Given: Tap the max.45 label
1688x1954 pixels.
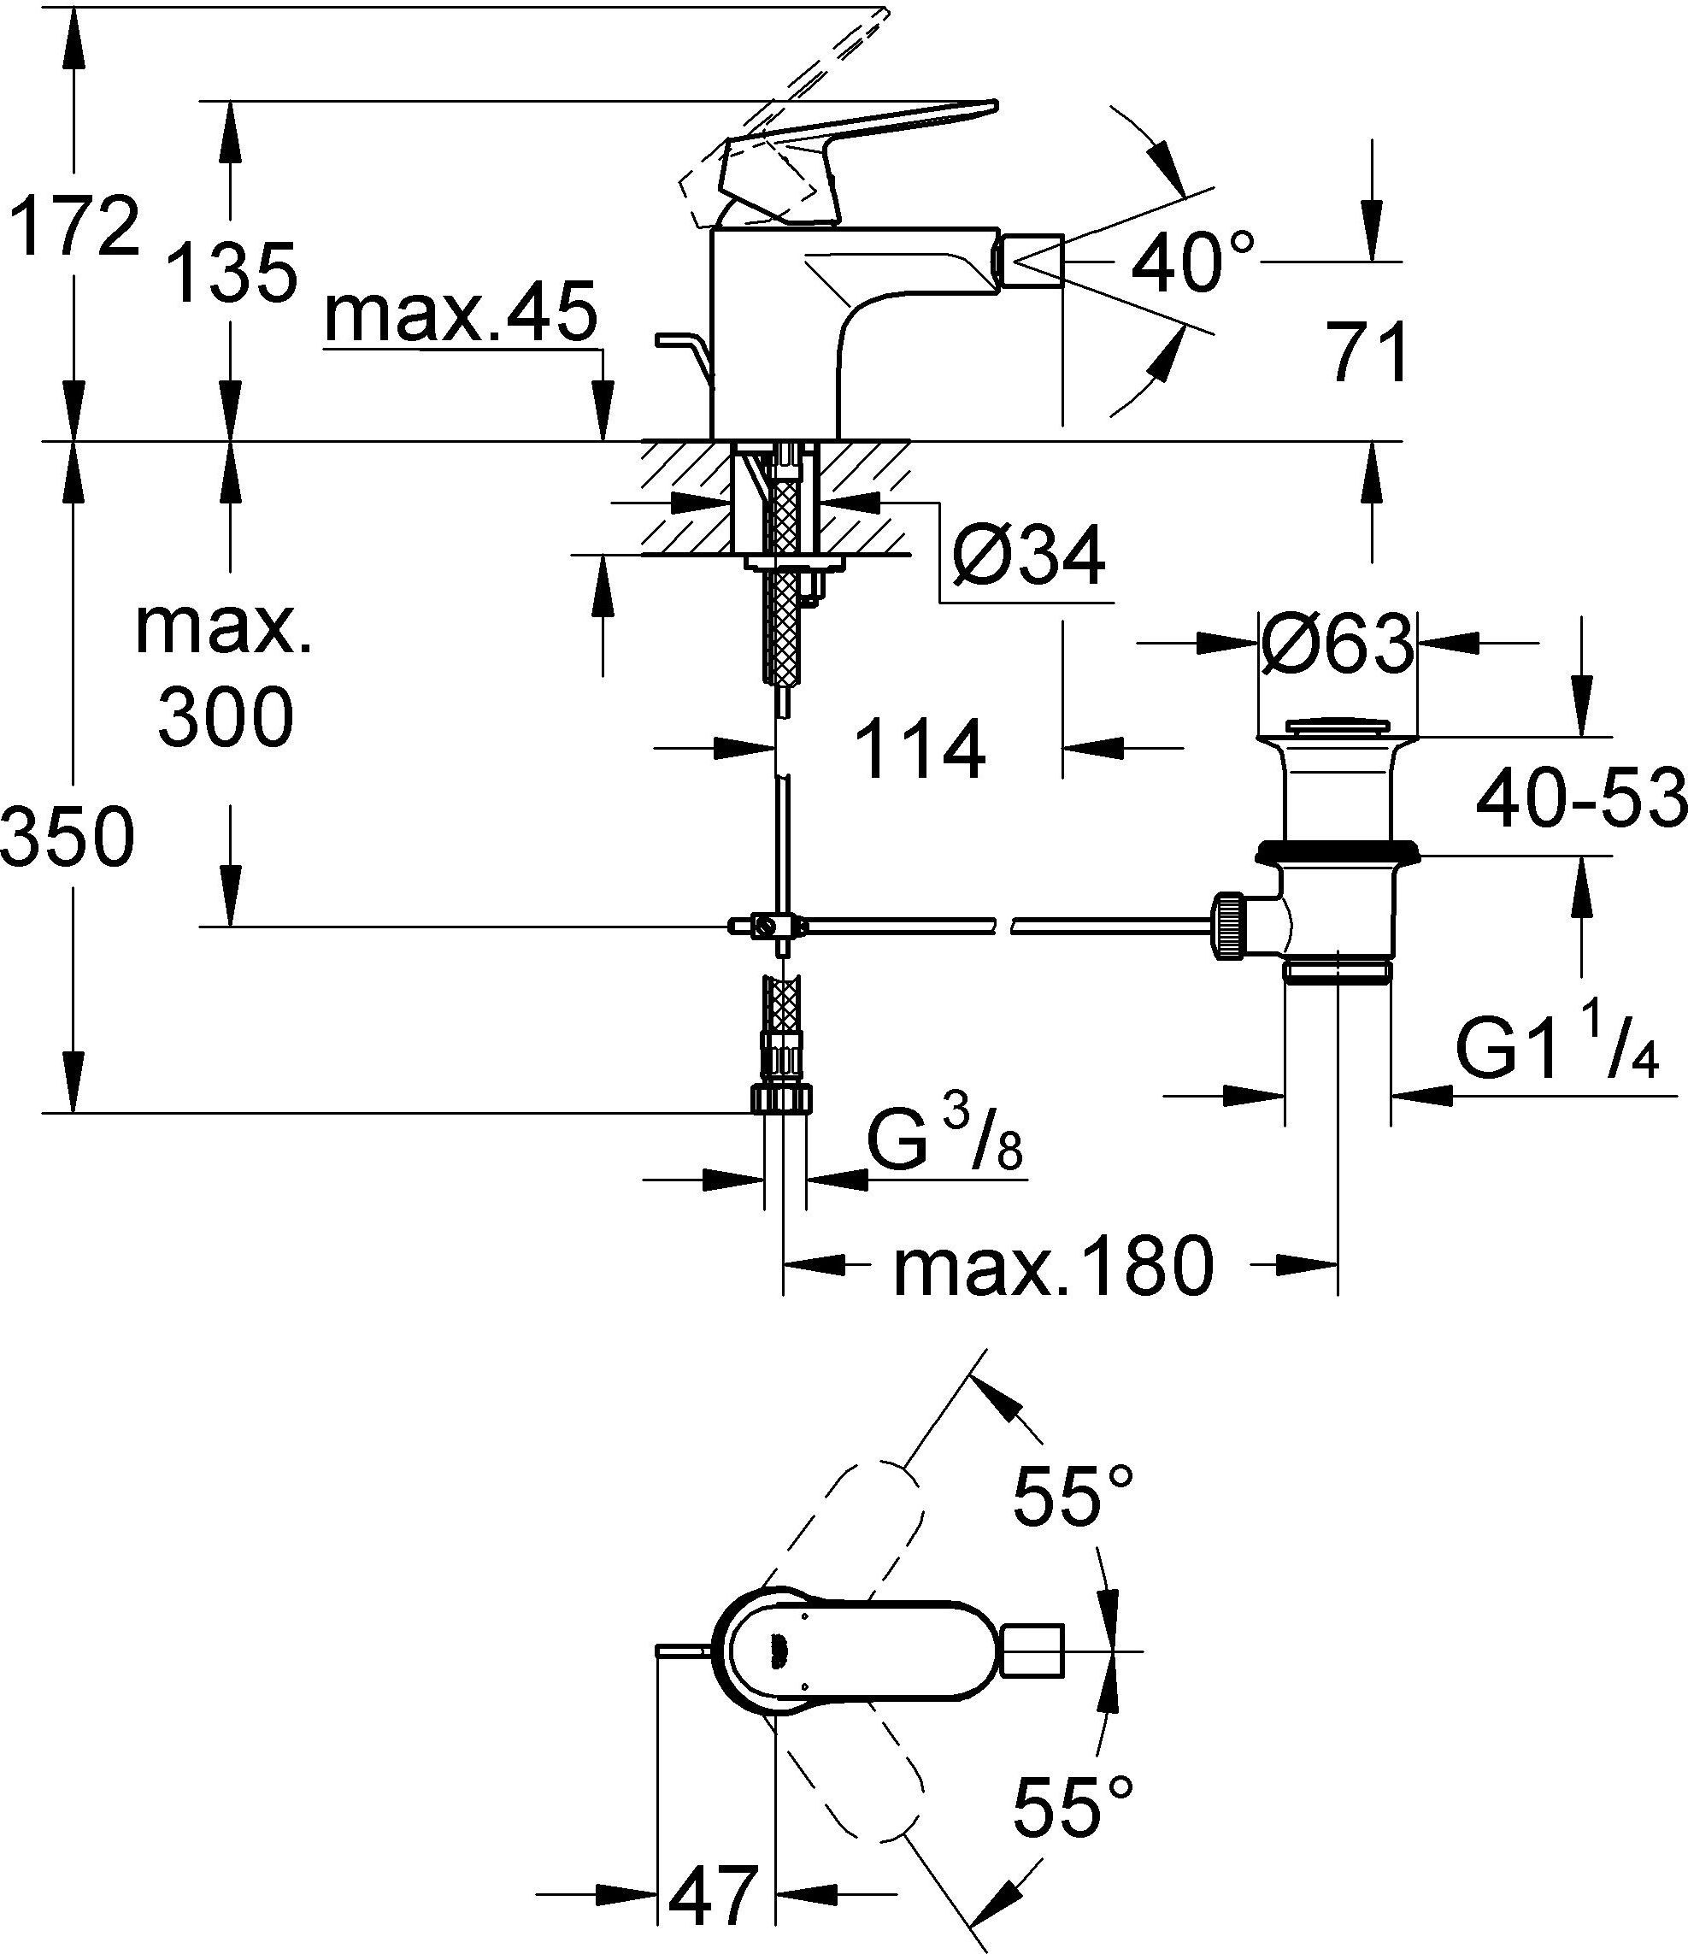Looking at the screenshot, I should point(462,313).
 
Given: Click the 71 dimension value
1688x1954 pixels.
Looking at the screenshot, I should point(1367,353).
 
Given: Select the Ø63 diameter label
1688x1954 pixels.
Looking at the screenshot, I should point(1338,644).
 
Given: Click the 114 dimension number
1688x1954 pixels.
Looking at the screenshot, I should point(922,750).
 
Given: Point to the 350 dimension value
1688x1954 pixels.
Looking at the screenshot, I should point(68,838).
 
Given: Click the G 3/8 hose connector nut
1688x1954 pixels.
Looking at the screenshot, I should point(782,1098).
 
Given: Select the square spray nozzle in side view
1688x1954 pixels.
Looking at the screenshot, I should point(1032,262).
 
